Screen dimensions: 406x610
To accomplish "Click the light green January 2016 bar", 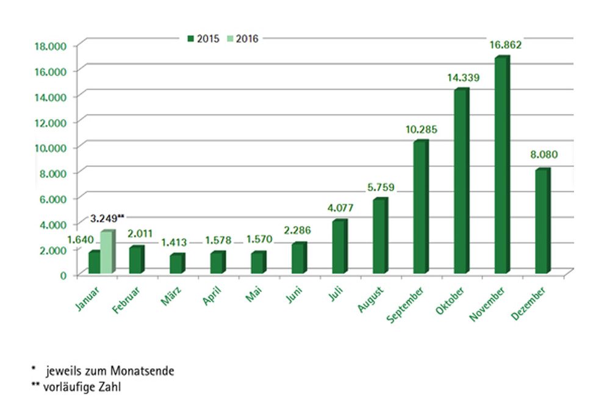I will pos(106,252).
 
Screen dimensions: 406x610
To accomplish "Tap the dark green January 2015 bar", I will pos(94,262).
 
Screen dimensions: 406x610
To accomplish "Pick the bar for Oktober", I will pos(461,181).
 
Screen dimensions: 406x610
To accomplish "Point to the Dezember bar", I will pos(541,221).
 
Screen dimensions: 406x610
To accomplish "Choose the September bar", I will pos(420,207).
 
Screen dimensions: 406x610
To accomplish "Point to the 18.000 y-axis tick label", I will pos(49,46).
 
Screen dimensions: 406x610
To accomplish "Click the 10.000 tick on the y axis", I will pos(49,148).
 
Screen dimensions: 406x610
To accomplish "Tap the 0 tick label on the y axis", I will pos(63,275).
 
